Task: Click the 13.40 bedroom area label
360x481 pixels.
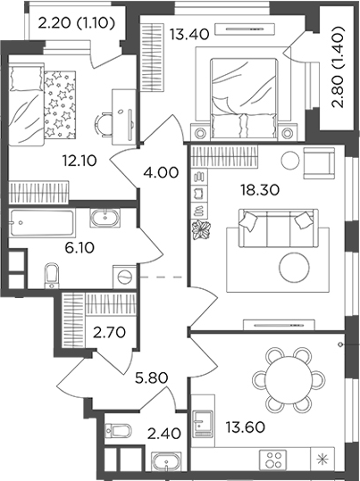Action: point(189,34)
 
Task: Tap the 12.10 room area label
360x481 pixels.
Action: point(80,161)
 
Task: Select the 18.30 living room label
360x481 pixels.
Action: point(260,190)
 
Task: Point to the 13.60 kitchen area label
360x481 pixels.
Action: point(246,427)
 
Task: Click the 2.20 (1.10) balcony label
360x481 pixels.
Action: point(77,23)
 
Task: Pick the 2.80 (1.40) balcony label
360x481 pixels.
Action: point(339,67)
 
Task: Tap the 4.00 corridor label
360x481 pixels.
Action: point(161,172)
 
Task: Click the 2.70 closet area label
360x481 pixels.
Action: point(109,332)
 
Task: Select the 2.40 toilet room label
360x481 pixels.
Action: point(163,434)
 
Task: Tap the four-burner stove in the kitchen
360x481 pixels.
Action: point(273,460)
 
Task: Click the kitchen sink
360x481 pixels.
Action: point(202,424)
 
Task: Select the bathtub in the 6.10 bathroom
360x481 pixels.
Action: point(42,223)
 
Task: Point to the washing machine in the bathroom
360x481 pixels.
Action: point(125,277)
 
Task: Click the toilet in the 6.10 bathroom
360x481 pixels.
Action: point(51,276)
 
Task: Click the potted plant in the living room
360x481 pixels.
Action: point(201,229)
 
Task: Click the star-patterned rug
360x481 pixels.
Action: point(60,105)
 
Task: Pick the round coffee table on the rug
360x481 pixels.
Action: point(294,267)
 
